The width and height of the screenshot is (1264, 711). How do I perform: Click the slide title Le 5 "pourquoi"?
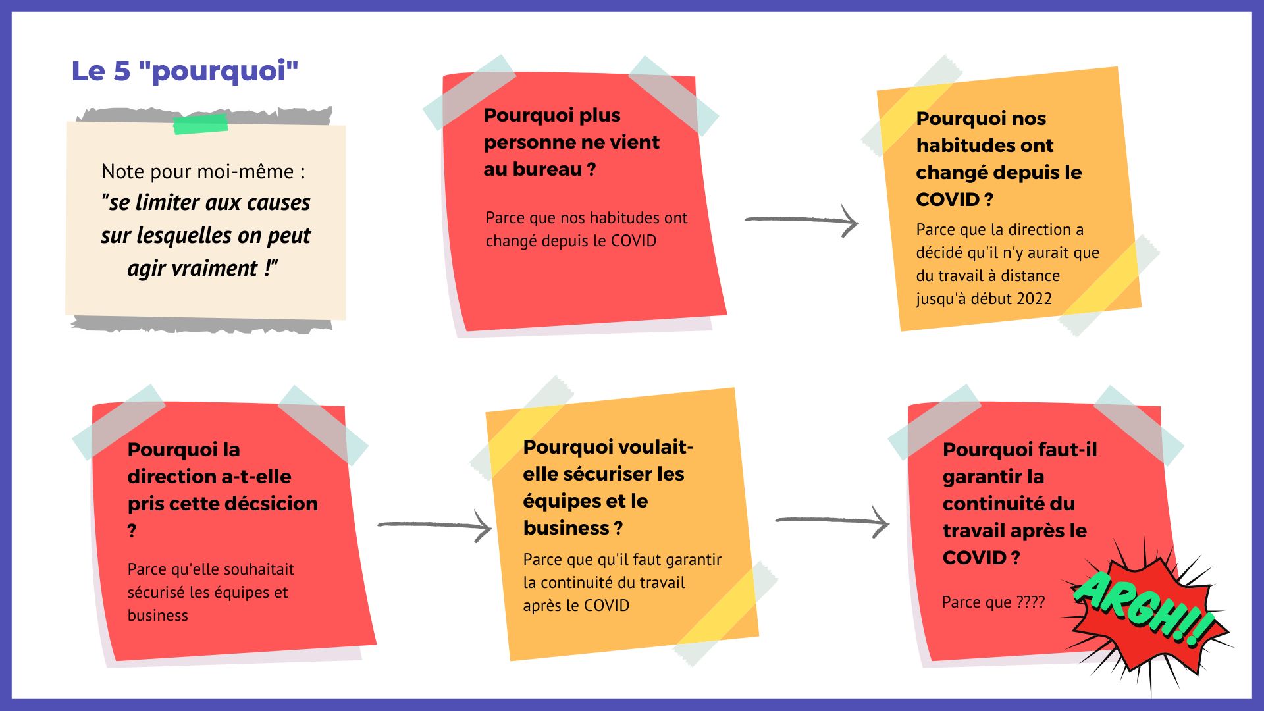click(185, 71)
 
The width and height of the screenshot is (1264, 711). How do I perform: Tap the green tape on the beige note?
click(201, 124)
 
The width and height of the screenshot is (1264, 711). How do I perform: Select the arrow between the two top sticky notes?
click(802, 220)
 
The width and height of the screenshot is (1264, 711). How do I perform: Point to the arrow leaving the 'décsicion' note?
click(434, 525)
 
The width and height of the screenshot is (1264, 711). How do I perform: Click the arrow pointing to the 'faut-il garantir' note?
click(833, 521)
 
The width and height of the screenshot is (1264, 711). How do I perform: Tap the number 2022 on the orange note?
click(1032, 299)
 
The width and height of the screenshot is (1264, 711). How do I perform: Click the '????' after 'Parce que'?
click(1030, 602)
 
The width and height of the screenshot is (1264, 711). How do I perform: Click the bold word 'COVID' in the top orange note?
click(947, 199)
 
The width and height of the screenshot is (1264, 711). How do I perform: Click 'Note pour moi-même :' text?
click(203, 172)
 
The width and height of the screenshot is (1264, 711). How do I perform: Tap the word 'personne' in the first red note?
click(533, 143)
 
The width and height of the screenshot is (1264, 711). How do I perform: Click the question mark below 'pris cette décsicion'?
click(132, 531)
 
